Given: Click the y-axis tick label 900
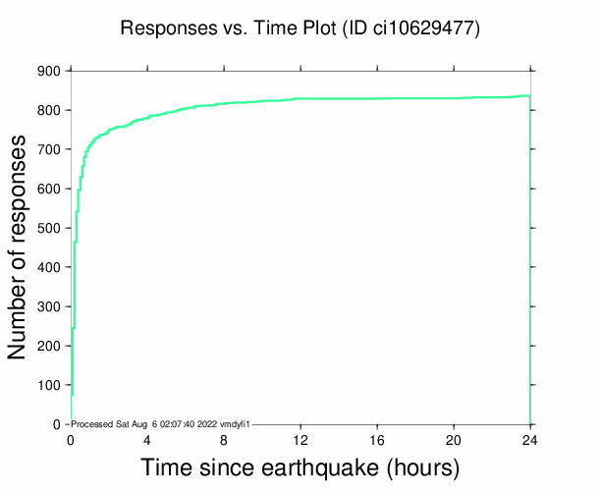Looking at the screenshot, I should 48,71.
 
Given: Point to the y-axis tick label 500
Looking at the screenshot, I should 48,228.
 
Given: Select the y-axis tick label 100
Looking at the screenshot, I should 48,385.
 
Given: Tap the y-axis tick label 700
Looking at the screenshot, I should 48,149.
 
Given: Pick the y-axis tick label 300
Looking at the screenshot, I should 48,306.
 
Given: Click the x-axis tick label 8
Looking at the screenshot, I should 224,440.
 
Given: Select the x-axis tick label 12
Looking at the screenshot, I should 300,440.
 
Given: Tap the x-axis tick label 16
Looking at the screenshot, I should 377,440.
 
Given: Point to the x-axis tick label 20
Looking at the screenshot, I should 454,440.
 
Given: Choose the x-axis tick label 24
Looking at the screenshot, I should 530,440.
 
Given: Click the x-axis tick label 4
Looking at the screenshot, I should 147,440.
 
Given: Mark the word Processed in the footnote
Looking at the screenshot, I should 94,423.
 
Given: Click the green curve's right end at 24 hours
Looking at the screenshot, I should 529,96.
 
